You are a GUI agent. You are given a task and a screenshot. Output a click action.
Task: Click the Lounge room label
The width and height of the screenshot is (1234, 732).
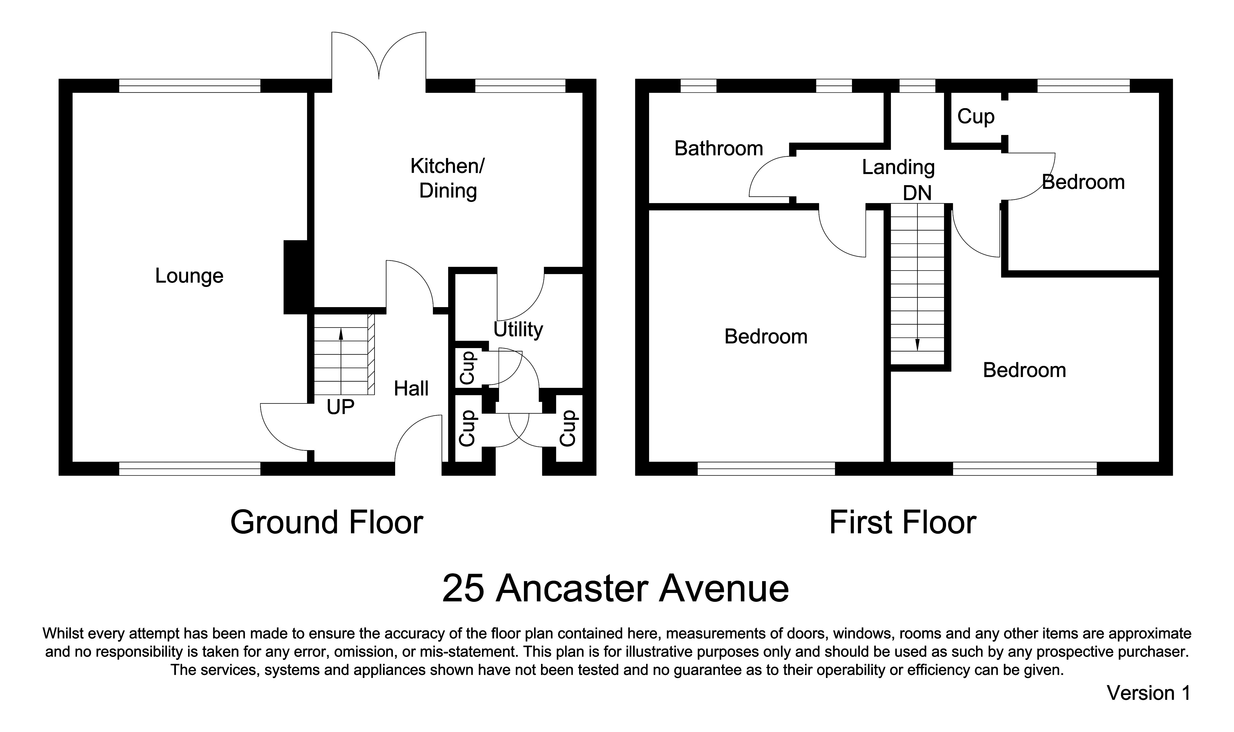tap(189, 276)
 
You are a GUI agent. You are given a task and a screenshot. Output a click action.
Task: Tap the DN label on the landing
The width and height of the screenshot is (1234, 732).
tap(917, 193)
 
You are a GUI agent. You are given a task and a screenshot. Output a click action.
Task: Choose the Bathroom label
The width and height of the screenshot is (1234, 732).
tap(718, 148)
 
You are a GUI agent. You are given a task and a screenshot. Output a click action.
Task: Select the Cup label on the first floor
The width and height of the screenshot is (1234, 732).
tap(976, 117)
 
